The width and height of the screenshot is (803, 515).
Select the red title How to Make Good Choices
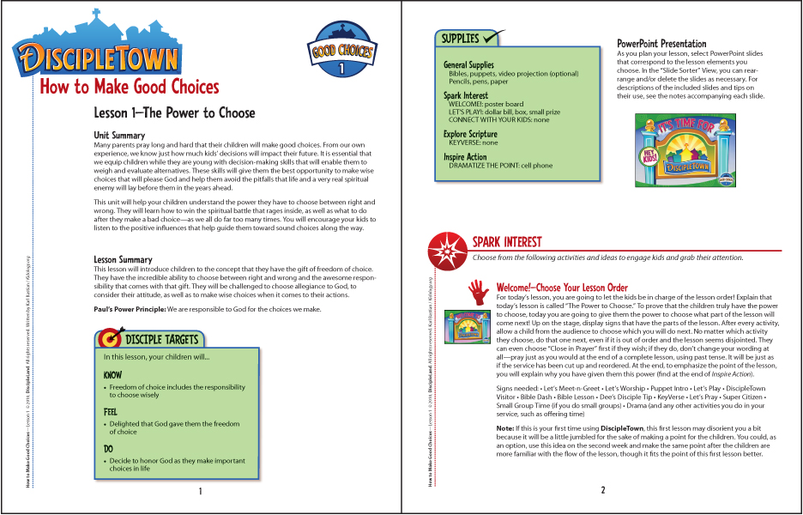coord(130,88)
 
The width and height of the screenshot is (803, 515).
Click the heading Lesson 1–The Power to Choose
coord(174,113)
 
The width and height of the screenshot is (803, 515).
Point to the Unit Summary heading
coord(119,136)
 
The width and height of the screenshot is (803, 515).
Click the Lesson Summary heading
coord(123,259)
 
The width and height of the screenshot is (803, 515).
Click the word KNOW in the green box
coord(112,375)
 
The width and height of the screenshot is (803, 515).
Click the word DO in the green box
coord(108,449)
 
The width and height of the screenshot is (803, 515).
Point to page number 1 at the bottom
coord(200,492)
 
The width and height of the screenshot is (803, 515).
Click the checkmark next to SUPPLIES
coord(493,37)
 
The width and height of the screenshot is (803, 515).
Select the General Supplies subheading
coord(468,64)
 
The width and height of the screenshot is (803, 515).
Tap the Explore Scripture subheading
coord(470,134)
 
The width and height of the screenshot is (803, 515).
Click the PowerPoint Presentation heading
coord(661,44)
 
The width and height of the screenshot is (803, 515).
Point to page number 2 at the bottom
coord(603,491)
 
